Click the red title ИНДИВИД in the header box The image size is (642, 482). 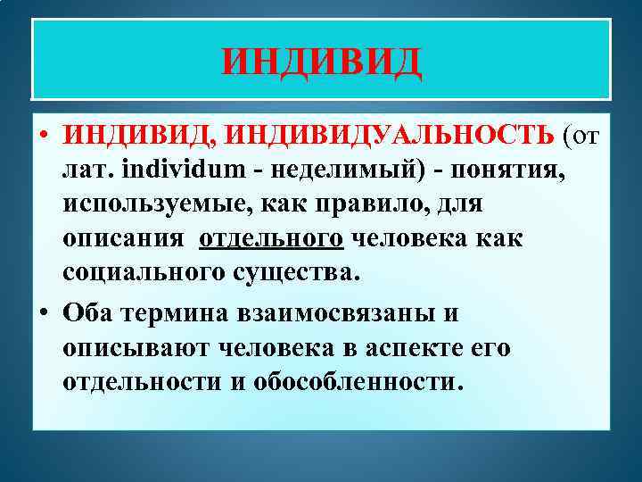(x=321, y=62)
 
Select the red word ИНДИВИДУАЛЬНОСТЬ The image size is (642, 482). (x=391, y=134)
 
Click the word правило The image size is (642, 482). (x=377, y=204)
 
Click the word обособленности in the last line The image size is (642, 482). (x=359, y=382)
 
